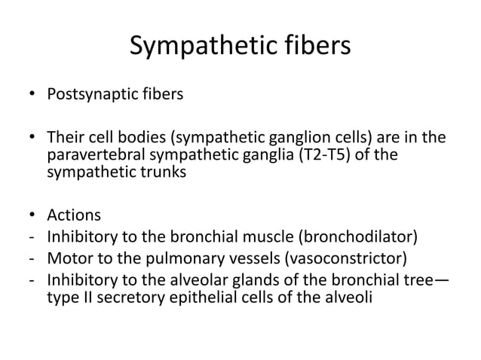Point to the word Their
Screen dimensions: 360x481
pos(68,137)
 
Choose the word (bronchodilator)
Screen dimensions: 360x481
pos(357,240)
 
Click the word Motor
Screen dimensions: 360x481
pos(69,261)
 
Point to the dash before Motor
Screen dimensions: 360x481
pos(31,261)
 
